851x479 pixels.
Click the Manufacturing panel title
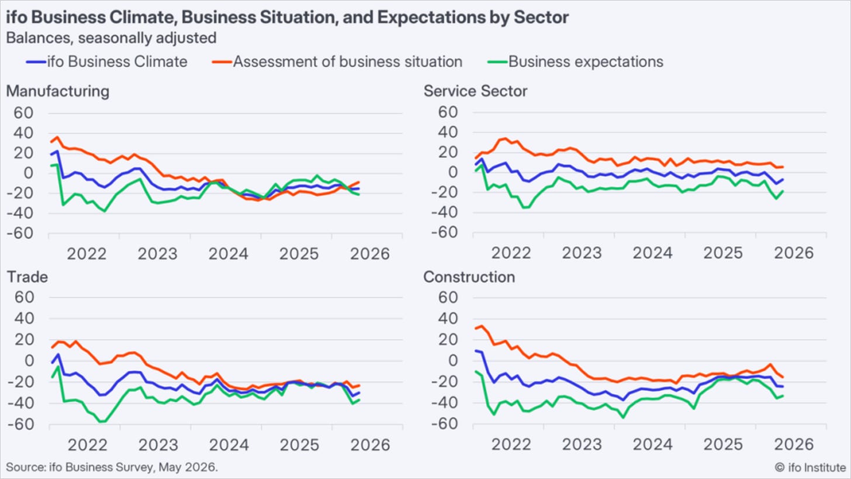[58, 91]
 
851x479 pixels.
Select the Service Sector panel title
[475, 91]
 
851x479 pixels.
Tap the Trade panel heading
[27, 277]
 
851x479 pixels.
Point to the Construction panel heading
[469, 277]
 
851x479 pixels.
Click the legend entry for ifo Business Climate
[107, 61]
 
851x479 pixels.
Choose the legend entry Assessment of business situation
[337, 61]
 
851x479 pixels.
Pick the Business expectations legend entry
[576, 61]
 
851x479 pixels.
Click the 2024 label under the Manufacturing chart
[229, 254]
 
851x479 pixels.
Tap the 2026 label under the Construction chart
[794, 444]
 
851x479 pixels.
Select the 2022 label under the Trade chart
[88, 444]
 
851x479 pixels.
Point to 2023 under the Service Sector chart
[582, 253]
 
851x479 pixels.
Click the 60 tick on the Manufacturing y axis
[23, 113]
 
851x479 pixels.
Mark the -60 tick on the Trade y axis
[20, 424]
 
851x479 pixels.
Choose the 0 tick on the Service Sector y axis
[453, 172]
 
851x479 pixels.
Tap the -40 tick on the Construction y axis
[444, 402]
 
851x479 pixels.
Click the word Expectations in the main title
[431, 18]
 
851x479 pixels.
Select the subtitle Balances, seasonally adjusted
[111, 38]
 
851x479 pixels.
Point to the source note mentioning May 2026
[112, 467]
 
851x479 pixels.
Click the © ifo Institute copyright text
[810, 467]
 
